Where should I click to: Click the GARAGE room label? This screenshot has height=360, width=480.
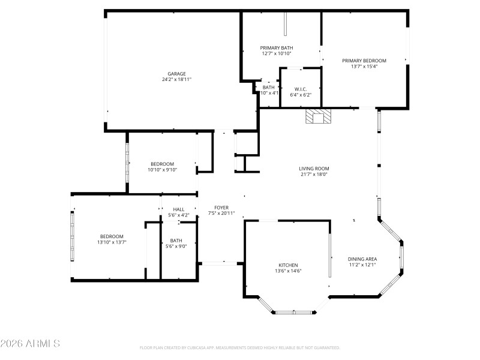click(176, 74)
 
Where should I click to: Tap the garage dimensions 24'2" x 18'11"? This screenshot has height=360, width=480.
click(176, 79)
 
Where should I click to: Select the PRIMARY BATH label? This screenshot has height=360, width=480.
click(277, 48)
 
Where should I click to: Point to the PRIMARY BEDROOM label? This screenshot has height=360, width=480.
click(364, 61)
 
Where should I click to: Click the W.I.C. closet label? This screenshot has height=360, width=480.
click(301, 89)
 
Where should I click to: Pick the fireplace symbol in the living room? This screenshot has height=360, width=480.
click(317, 116)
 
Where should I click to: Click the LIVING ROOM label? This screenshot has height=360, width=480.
click(314, 169)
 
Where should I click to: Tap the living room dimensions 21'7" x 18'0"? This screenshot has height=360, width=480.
click(314, 175)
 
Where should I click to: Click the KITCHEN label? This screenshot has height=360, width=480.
click(288, 265)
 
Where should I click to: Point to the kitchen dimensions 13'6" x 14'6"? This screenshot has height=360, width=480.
click(288, 271)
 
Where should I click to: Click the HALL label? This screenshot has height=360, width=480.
click(179, 209)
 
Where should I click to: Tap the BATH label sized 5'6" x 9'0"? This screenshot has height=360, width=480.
click(176, 241)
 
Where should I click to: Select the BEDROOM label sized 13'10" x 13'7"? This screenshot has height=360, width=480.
click(112, 236)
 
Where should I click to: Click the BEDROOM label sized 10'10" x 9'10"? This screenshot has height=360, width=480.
click(162, 164)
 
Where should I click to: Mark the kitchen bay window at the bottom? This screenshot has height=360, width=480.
click(294, 312)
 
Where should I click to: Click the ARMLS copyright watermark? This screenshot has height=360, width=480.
click(30, 344)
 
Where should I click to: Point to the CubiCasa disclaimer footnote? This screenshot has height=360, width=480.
click(240, 348)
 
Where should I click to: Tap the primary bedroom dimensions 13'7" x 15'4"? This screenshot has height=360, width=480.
click(364, 67)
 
